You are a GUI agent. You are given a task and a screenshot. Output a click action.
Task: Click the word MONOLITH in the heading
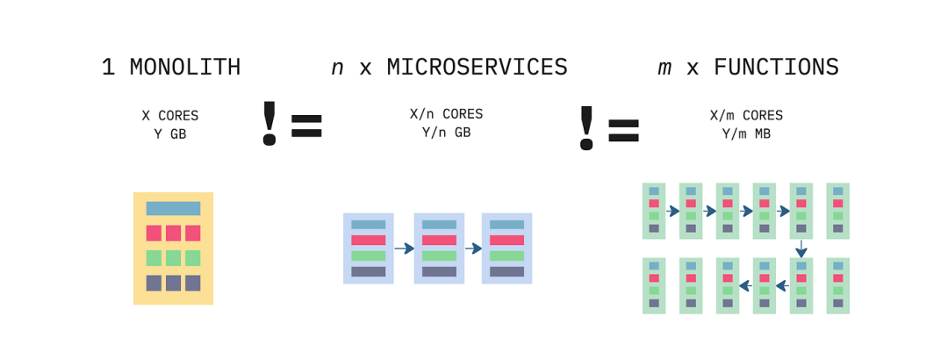click(x=184, y=68)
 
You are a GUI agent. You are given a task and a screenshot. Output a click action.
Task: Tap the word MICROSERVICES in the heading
click(x=478, y=68)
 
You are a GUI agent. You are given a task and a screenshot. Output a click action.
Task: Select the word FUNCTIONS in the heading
click(x=776, y=68)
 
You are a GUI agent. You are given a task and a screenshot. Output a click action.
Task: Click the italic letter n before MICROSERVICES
click(x=337, y=68)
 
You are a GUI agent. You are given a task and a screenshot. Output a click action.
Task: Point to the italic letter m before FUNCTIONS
click(x=664, y=68)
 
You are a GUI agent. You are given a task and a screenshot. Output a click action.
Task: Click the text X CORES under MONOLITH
click(x=170, y=116)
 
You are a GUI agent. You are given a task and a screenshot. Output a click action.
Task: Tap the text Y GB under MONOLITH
click(x=170, y=134)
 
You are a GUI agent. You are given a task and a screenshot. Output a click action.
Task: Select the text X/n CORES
click(x=446, y=114)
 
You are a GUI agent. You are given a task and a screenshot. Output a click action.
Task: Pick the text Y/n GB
click(x=446, y=133)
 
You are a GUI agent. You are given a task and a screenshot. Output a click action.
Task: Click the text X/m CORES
click(x=746, y=116)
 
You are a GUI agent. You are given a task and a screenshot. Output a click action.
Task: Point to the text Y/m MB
click(x=746, y=134)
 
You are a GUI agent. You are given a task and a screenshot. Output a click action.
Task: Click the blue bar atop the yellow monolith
click(x=173, y=209)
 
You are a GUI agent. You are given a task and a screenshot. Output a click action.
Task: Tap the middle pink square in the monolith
click(x=173, y=233)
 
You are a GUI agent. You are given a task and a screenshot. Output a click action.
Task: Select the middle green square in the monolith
click(x=173, y=258)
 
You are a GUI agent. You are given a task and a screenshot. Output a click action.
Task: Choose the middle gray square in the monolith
click(x=173, y=283)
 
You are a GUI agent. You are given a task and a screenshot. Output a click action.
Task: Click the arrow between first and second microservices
click(x=404, y=248)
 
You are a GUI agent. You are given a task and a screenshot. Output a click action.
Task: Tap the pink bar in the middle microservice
click(x=439, y=240)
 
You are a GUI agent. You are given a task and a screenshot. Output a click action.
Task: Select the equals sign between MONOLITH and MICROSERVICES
click(x=306, y=126)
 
